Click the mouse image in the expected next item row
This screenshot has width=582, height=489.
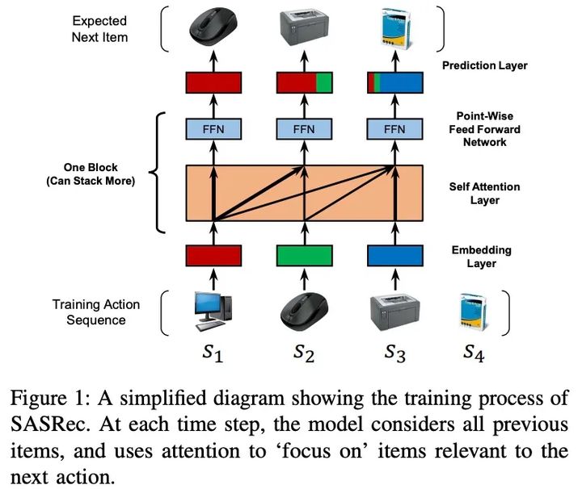click(x=213, y=29)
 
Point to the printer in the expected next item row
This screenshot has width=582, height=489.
click(x=304, y=29)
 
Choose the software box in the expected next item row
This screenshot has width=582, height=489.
click(x=394, y=29)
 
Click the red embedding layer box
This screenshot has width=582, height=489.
click(x=213, y=256)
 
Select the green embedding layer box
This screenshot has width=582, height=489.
click(x=304, y=256)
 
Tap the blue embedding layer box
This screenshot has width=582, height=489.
click(x=395, y=256)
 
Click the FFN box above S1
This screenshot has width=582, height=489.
click(x=213, y=130)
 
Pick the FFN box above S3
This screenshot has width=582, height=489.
click(x=395, y=130)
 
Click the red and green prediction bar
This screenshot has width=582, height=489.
click(x=304, y=82)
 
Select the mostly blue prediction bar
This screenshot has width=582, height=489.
click(x=395, y=82)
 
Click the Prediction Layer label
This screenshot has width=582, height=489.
click(x=485, y=65)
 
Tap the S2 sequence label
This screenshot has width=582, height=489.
click(x=304, y=352)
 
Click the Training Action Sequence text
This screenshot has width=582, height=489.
click(x=96, y=312)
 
